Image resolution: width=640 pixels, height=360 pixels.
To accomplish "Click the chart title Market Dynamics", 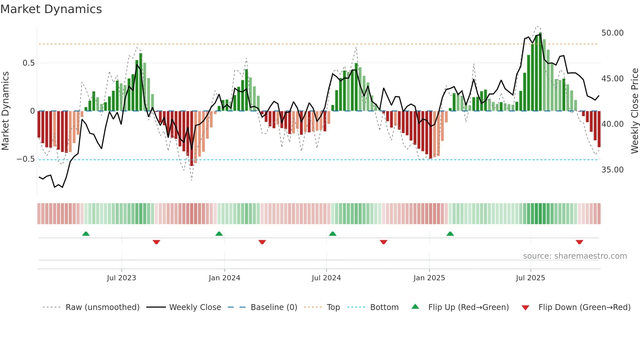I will click(51, 9).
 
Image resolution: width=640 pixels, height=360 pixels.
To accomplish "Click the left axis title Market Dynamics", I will click(5, 111).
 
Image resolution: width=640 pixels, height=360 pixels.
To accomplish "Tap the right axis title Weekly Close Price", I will click(634, 111).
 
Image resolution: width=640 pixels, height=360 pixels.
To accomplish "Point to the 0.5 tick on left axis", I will click(28, 63).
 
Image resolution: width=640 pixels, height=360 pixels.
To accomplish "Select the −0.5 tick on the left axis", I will click(25, 159).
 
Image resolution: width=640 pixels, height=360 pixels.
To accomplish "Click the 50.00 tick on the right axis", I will click(612, 33).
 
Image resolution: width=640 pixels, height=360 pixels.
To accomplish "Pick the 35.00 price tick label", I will click(612, 170).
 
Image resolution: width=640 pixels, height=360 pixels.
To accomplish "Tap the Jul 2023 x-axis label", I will click(121, 278).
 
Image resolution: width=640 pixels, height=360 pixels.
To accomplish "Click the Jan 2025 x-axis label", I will click(429, 278).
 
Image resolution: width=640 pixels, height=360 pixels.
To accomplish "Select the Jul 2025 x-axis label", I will click(530, 278).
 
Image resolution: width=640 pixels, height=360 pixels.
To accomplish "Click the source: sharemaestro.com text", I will click(575, 256).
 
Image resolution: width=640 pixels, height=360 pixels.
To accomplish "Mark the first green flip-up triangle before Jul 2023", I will click(86, 234).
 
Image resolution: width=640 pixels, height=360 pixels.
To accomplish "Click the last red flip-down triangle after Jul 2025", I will click(579, 242).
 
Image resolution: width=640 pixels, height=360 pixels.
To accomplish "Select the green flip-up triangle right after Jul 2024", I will click(332, 234).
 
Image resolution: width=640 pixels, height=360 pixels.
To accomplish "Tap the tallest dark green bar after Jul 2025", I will click(540, 72).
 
